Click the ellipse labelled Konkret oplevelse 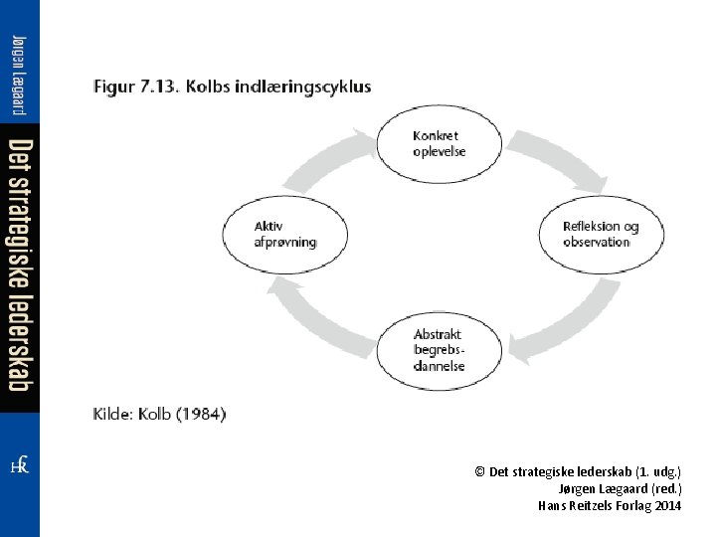click(x=438, y=143)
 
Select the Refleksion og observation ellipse click(x=600, y=235)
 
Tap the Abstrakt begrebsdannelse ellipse click(x=438, y=350)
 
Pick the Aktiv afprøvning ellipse click(x=284, y=235)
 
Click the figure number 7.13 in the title click(x=158, y=87)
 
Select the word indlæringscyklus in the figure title click(x=304, y=87)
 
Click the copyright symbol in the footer click(x=480, y=471)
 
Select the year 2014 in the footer click(x=668, y=505)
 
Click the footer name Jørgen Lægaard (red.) click(x=620, y=488)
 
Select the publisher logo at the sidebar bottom click(x=19, y=464)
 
